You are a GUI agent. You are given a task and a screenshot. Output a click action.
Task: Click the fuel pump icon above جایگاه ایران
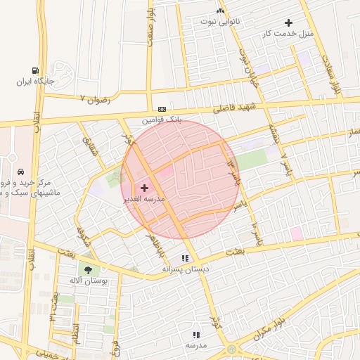pyautogui.click(x=35, y=70)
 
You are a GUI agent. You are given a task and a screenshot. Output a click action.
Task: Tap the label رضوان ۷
pyautogui.click(x=96, y=99)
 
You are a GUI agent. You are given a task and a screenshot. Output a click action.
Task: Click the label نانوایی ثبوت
pyautogui.click(x=221, y=21)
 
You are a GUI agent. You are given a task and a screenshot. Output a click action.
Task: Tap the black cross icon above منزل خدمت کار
pyautogui.click(x=289, y=23)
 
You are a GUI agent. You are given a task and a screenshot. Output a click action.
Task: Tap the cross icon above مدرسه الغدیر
pyautogui.click(x=145, y=188)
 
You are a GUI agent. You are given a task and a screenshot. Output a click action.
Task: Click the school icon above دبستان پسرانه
pyautogui.click(x=185, y=258)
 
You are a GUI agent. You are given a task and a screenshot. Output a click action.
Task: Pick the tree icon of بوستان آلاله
pyautogui.click(x=88, y=270)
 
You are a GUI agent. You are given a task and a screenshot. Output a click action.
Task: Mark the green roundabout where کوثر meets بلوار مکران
pyautogui.click(x=232, y=349)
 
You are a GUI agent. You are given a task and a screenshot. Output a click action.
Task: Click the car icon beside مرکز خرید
pyautogui.click(x=21, y=172)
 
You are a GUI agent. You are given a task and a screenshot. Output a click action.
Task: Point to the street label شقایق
pyautogui.click(x=87, y=145)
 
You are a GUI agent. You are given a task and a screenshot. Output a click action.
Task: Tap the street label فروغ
pyautogui.click(x=116, y=345)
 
